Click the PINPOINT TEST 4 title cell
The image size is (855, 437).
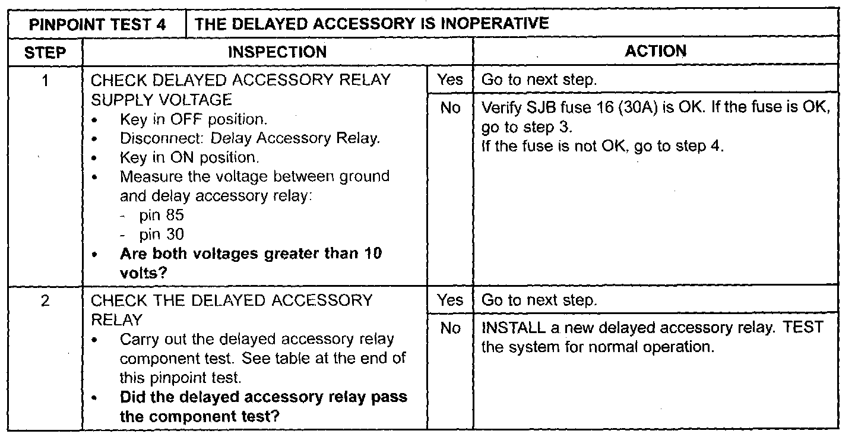(98, 24)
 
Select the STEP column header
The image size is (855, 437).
(46, 52)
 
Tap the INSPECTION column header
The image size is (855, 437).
(277, 52)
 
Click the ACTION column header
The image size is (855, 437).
(655, 52)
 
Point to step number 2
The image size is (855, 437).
(45, 300)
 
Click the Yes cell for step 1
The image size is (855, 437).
(449, 80)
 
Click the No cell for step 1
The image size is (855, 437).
(450, 109)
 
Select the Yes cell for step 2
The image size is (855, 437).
(449, 300)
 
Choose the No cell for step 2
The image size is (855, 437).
(450, 328)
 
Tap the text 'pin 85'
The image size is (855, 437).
(161, 216)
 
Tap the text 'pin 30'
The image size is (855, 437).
(161, 235)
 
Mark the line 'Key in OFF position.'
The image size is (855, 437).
(192, 119)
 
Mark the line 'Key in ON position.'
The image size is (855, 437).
(189, 158)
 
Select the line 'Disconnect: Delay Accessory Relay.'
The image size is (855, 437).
(249, 138)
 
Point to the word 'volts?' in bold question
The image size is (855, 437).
(143, 273)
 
